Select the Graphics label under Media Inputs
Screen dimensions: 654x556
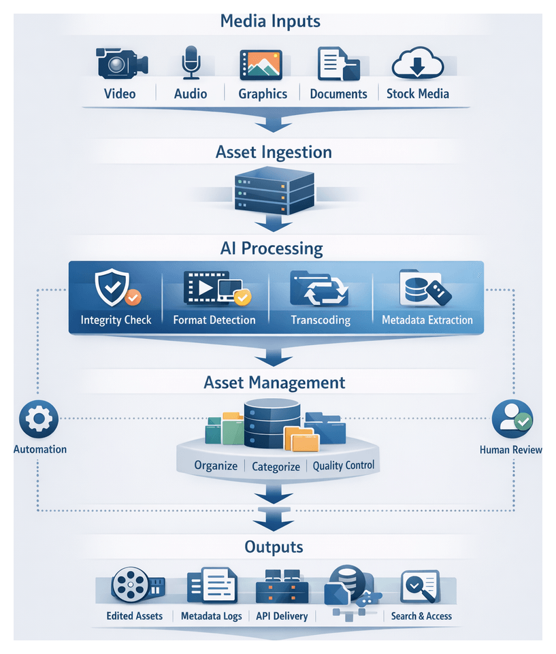[x=263, y=94]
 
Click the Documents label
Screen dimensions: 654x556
[x=338, y=94]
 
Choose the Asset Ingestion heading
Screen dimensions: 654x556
[x=274, y=152]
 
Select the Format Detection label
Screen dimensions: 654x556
[x=214, y=319]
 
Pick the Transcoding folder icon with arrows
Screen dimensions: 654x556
[x=319, y=289]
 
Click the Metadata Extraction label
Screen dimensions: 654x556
[x=427, y=319]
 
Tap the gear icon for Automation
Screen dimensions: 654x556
[x=39, y=419]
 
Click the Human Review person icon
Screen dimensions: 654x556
[x=512, y=419]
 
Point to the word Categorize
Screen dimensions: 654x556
[x=276, y=466]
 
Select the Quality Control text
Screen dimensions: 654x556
[x=344, y=466]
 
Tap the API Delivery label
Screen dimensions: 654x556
[x=282, y=616]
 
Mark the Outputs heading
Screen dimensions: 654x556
[x=274, y=547]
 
